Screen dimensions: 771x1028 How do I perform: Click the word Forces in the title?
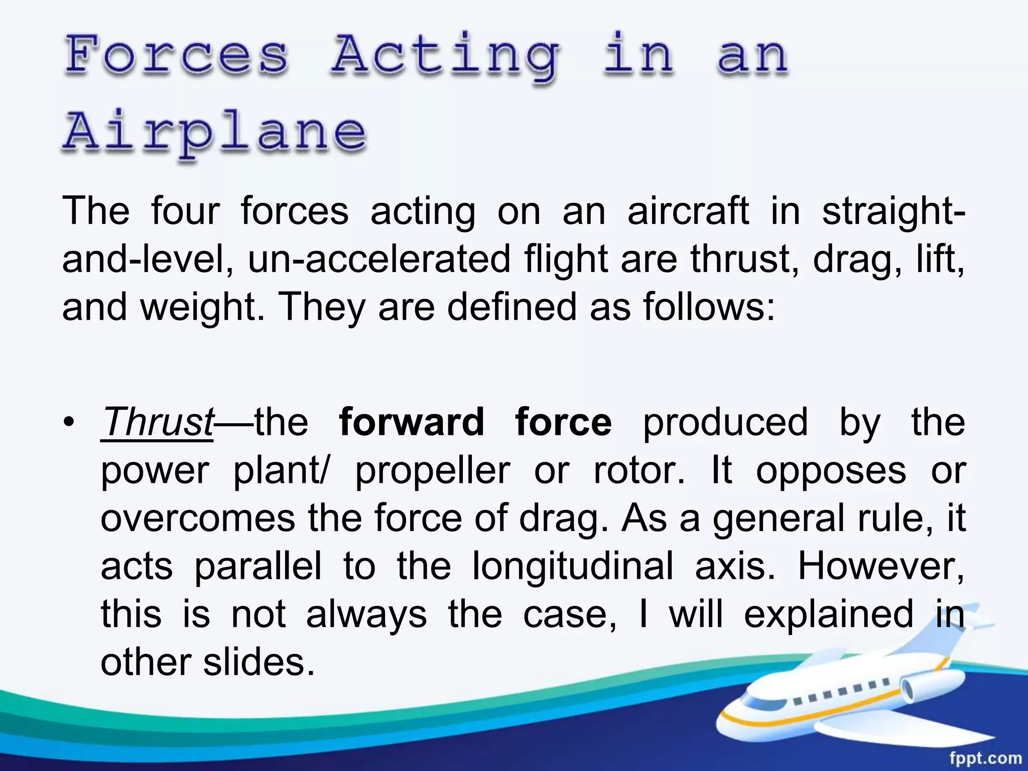[177, 55]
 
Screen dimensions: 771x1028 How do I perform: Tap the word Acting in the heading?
[445, 56]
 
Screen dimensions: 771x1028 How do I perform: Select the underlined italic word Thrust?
[158, 422]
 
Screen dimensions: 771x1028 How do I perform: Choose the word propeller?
[433, 471]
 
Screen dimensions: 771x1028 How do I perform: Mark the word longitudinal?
[573, 566]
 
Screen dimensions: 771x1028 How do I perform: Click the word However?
[881, 566]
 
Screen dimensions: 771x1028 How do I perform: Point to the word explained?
[829, 614]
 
